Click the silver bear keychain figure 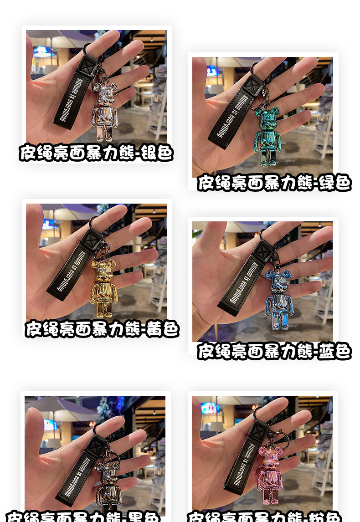[105, 112]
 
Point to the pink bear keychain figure [270, 474]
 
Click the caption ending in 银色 [96, 153]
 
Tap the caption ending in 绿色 [274, 183]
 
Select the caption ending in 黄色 [102, 328]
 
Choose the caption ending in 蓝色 [274, 351]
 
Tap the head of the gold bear [103, 269]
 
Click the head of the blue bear [278, 280]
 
